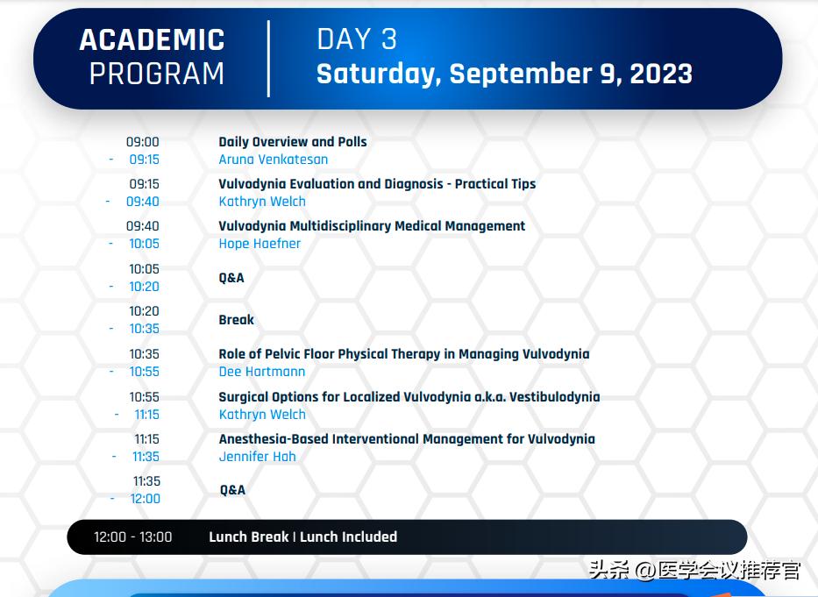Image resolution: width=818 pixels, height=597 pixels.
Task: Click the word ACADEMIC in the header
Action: (152, 40)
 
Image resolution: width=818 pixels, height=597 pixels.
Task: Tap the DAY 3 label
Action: (357, 39)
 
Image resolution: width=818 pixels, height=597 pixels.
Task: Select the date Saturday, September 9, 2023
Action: (504, 74)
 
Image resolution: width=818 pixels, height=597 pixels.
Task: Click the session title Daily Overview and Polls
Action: (293, 141)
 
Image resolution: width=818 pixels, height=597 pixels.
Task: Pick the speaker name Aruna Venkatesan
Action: (274, 160)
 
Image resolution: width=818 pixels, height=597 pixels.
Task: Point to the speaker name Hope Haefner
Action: (260, 244)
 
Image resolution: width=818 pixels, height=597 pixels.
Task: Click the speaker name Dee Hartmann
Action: (262, 372)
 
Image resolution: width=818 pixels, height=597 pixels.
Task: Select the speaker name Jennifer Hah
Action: (257, 457)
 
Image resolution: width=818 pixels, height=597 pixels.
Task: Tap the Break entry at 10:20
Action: (237, 320)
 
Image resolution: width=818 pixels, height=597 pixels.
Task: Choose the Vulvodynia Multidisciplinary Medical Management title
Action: (372, 226)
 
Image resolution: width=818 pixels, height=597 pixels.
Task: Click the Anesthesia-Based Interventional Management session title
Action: (407, 439)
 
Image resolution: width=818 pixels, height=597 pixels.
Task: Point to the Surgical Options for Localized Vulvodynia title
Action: (409, 397)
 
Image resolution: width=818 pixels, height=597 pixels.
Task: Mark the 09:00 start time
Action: (143, 142)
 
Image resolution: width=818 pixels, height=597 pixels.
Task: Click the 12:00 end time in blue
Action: (146, 499)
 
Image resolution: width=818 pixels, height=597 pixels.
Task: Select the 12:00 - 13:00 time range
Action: (133, 537)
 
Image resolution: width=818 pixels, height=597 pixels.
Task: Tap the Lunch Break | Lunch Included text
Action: (302, 537)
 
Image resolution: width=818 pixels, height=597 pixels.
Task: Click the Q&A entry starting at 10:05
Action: (231, 278)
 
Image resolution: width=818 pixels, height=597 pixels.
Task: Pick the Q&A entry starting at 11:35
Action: (232, 490)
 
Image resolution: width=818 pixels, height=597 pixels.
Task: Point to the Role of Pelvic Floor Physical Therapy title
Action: (404, 354)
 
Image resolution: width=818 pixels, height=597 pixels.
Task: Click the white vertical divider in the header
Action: (268, 58)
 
